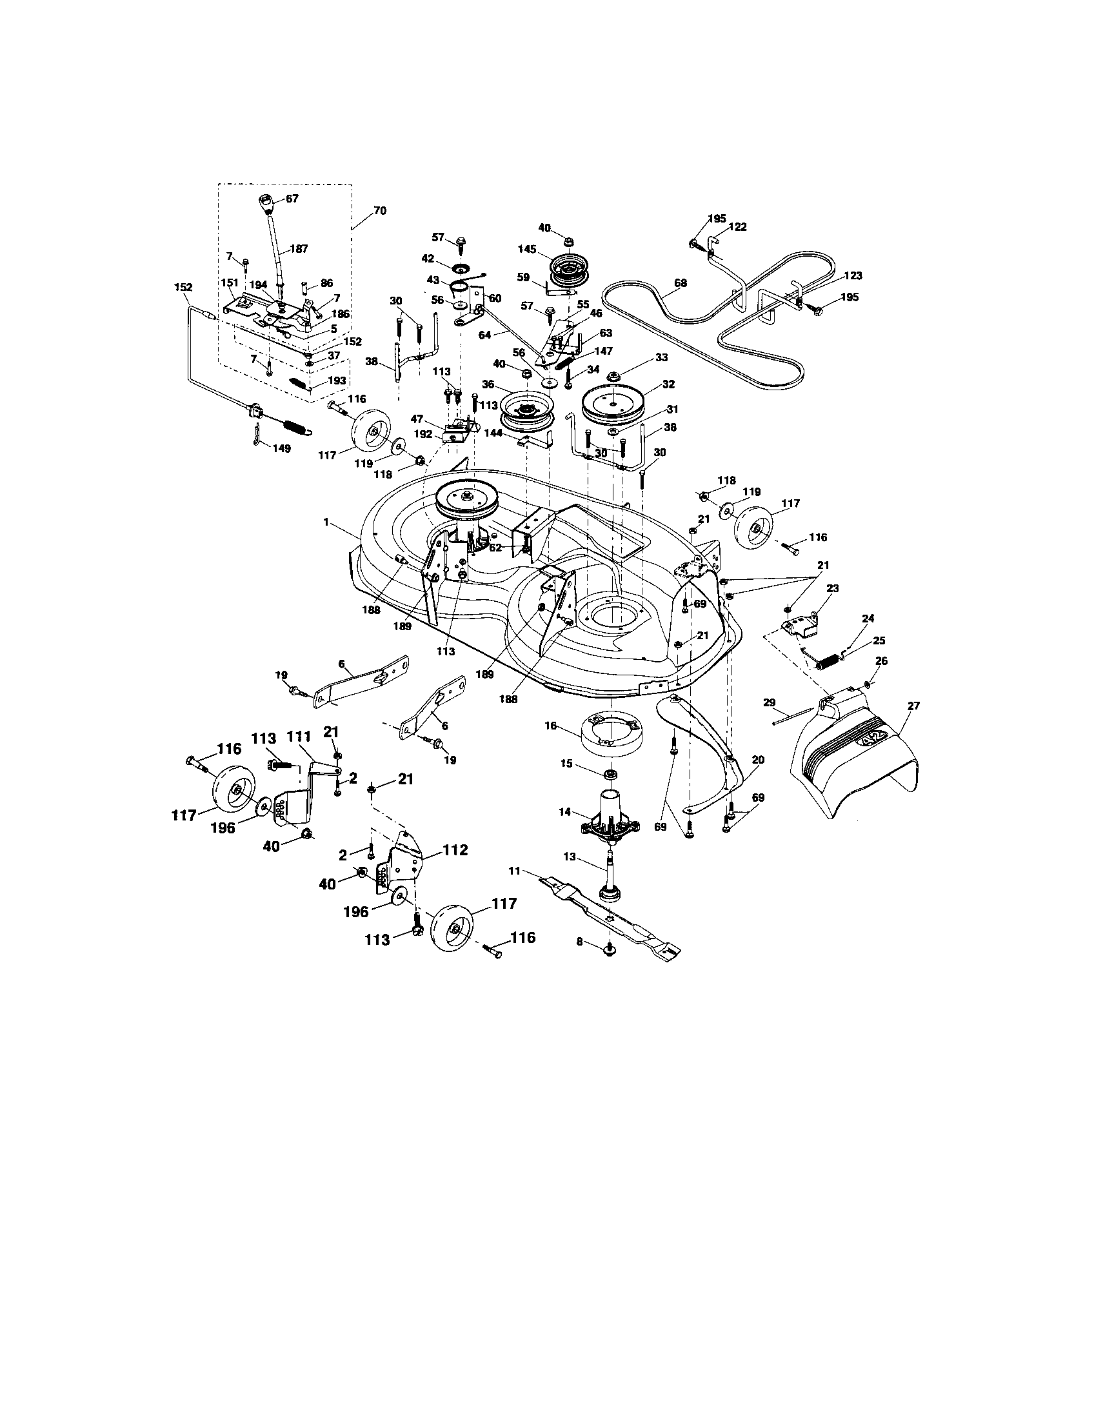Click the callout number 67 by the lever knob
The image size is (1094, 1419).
click(292, 198)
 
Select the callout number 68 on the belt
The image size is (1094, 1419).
click(680, 283)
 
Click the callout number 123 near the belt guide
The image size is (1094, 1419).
click(852, 275)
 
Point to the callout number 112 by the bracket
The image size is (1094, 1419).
click(455, 850)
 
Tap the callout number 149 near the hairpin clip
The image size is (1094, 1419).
click(281, 448)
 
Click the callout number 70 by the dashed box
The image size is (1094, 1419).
click(379, 210)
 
